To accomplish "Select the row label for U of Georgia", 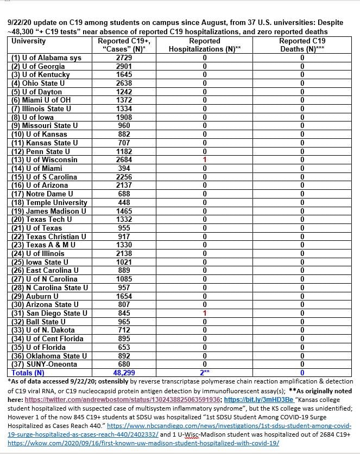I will point(36,66).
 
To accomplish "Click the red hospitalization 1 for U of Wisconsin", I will point(204,159).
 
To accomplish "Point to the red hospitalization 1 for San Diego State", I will point(204,313).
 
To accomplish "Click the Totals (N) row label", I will point(28,373).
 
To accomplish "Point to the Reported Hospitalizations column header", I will point(204,45).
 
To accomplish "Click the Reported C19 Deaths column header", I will point(302,45).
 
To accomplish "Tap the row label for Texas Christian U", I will point(48,236).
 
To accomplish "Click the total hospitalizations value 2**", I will point(204,373).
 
